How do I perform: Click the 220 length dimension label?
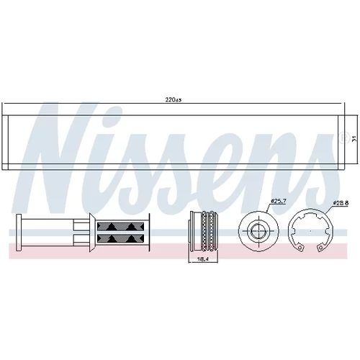point(173,100)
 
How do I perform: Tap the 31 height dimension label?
point(354,139)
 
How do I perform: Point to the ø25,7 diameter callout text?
point(278,201)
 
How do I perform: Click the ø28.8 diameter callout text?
point(341,203)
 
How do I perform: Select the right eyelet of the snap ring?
point(320,248)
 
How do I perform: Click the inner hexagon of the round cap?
point(258,231)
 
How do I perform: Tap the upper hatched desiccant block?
point(120,226)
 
